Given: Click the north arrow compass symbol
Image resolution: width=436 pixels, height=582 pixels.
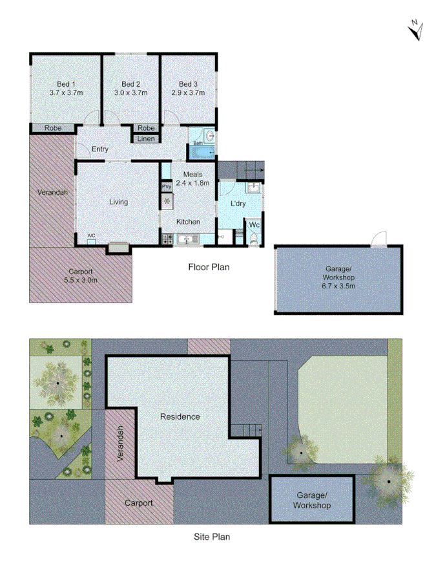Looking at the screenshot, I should tap(416, 30).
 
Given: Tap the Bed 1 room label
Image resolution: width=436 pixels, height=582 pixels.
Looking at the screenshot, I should tap(66, 84).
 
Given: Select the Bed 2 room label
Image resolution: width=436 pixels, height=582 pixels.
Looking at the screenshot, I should tap(131, 84).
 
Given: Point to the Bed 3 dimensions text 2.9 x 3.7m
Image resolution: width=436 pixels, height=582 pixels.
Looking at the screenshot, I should tap(188, 93).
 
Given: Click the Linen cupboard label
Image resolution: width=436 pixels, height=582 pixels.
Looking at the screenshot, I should tap(147, 138).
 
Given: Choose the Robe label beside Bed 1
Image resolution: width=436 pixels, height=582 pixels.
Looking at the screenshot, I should tap(53, 129).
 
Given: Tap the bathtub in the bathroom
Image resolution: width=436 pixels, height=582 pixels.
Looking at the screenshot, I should tap(202, 153).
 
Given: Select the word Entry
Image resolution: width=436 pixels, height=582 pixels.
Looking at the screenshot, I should tap(99, 149).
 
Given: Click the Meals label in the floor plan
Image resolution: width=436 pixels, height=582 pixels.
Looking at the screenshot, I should tap(192, 175).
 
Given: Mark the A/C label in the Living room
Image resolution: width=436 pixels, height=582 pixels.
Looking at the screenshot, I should tap(91, 235).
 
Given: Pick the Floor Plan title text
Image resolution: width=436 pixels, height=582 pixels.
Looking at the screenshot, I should tap(209, 266).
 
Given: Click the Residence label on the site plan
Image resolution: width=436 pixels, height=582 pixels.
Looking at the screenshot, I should tap(180, 416).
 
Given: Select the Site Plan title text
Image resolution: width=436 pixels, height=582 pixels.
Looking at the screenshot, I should tap(212, 536).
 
